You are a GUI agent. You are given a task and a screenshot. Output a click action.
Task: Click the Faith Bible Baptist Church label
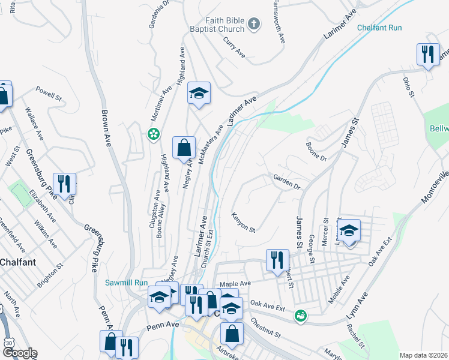click(x=217, y=25)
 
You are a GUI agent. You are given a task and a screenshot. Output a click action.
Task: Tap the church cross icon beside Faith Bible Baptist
click(x=254, y=25)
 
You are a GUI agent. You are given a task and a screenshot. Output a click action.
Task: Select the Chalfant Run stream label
click(x=379, y=28)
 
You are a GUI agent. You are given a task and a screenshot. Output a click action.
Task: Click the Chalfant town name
click(x=17, y=262)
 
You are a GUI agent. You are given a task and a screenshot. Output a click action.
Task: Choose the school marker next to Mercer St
click(x=348, y=231)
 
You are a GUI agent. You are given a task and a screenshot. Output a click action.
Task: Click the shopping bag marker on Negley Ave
click(x=184, y=148)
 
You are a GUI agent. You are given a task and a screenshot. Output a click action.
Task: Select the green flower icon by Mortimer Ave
click(x=154, y=134)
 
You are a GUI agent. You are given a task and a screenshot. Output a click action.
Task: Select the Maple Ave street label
click(x=235, y=283)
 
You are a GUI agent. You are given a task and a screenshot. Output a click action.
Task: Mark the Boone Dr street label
click(x=315, y=151)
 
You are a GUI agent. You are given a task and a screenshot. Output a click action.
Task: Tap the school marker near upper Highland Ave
click(x=199, y=94)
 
